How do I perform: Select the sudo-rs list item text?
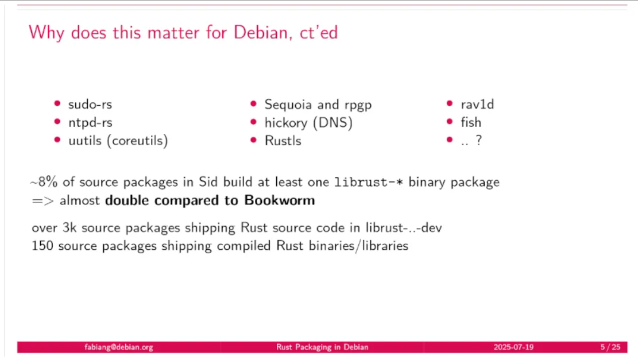(90, 104)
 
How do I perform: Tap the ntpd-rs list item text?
(90, 123)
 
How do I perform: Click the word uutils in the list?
(84, 141)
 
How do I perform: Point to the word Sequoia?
(288, 105)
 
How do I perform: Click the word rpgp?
(358, 106)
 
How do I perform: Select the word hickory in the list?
(286, 123)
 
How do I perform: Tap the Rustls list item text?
(283, 141)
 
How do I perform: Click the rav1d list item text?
(477, 104)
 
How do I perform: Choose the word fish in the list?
(471, 122)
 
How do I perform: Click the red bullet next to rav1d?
(450, 104)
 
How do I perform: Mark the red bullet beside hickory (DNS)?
(253, 122)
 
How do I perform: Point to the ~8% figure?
(44, 182)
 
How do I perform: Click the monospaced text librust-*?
(369, 182)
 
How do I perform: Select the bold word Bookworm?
(280, 200)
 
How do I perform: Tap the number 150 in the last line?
(42, 246)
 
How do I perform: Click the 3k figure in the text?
(69, 227)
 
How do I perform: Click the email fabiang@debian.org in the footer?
(119, 347)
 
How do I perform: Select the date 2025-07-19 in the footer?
(513, 347)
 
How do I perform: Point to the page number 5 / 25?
(610, 347)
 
